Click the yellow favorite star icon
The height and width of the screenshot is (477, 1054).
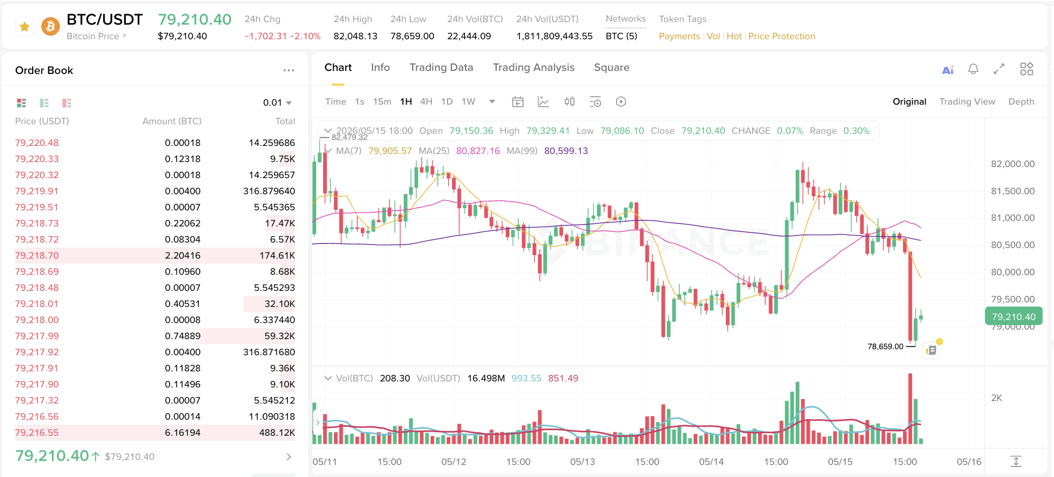(x=25, y=27)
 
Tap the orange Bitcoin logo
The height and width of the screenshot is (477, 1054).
(x=50, y=26)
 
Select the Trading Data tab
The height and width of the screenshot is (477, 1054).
(x=441, y=67)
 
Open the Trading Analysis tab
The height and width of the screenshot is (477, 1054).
(x=534, y=67)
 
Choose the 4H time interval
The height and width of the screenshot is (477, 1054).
(x=426, y=102)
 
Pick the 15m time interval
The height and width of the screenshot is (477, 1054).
(x=382, y=102)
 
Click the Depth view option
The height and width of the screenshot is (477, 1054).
(x=1021, y=102)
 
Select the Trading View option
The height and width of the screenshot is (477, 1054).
(x=967, y=102)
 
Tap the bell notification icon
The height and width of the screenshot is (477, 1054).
(x=973, y=69)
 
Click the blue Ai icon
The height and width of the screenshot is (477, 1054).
(x=948, y=70)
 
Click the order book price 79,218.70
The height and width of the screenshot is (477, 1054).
(x=37, y=256)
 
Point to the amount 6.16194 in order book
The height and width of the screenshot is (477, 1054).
(x=183, y=433)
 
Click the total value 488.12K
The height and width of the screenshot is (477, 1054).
(x=277, y=433)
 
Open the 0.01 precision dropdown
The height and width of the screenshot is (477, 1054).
(x=277, y=103)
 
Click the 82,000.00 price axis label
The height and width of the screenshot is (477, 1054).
(x=1013, y=164)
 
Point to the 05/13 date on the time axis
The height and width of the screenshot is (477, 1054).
(x=582, y=462)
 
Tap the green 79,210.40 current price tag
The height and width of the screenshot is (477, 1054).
(x=1014, y=316)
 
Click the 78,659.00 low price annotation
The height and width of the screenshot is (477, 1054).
(x=885, y=347)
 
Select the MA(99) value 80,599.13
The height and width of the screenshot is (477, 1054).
(x=566, y=151)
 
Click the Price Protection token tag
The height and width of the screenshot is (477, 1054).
(x=782, y=36)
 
